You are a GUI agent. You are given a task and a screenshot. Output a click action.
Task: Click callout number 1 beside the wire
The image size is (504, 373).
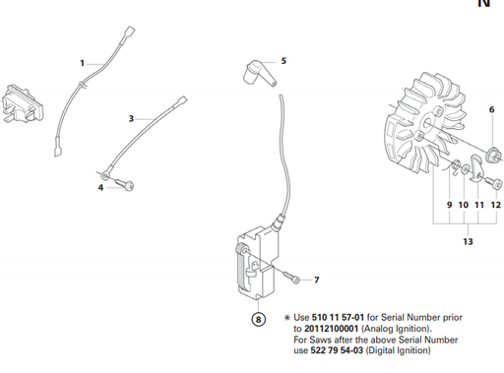click(83, 63)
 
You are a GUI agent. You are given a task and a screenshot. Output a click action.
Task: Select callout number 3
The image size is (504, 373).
click(131, 118)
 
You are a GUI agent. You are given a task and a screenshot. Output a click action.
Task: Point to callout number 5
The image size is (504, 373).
click(283, 61)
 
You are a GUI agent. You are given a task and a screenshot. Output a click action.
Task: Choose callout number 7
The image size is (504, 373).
click(316, 280)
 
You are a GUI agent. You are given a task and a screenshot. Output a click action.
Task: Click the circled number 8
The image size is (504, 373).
click(259, 318)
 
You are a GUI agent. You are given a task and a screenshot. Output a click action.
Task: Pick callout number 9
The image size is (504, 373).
click(449, 204)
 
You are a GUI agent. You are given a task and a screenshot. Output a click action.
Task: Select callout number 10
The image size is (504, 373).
click(464, 204)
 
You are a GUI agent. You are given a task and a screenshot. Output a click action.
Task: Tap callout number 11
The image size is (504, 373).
click(480, 204)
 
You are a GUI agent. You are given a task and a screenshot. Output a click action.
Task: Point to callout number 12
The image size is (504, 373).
click(496, 204)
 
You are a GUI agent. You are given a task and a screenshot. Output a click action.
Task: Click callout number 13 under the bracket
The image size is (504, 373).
click(467, 241)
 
